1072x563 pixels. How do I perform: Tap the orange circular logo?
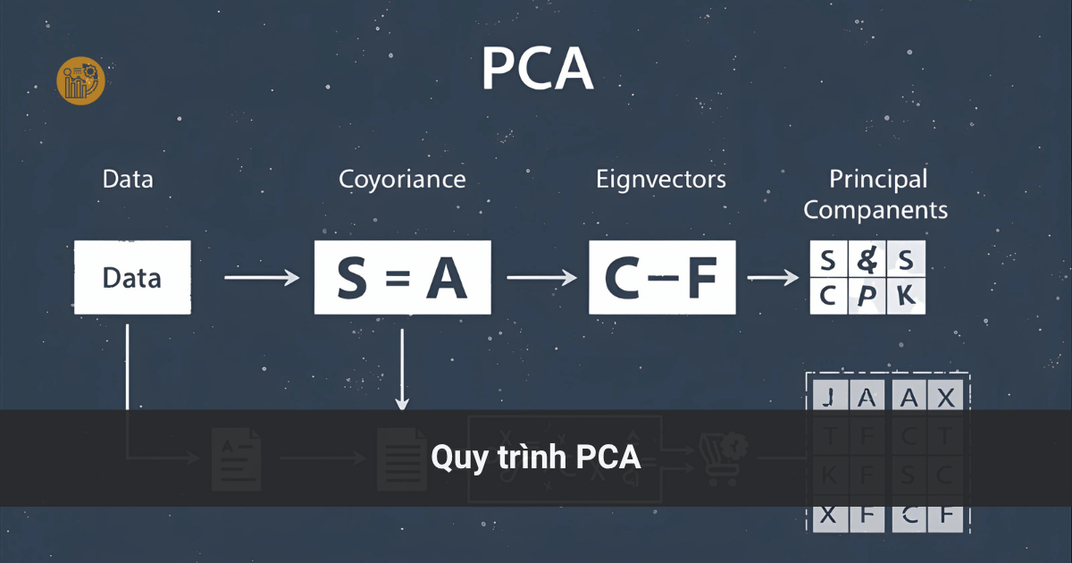[x=80, y=81]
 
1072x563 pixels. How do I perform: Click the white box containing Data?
[x=132, y=277]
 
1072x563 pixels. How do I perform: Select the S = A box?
[x=402, y=278]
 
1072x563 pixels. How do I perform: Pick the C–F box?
[x=662, y=278]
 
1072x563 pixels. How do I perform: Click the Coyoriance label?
[x=402, y=179]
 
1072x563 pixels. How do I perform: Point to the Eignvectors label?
[x=661, y=179]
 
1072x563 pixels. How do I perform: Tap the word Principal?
[x=878, y=179]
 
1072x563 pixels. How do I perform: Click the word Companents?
[x=875, y=211]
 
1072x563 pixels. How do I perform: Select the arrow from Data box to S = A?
[x=262, y=279]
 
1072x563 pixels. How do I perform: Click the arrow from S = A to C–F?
[x=541, y=279]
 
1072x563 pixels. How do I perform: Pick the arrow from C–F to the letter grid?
[x=773, y=279]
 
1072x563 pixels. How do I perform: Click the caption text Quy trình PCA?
[x=536, y=458]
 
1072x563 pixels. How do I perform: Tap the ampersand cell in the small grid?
[x=867, y=262]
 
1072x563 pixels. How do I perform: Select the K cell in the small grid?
[x=906, y=296]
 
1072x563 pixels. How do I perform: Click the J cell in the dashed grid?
[x=827, y=398]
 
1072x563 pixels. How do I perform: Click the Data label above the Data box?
[x=128, y=179]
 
